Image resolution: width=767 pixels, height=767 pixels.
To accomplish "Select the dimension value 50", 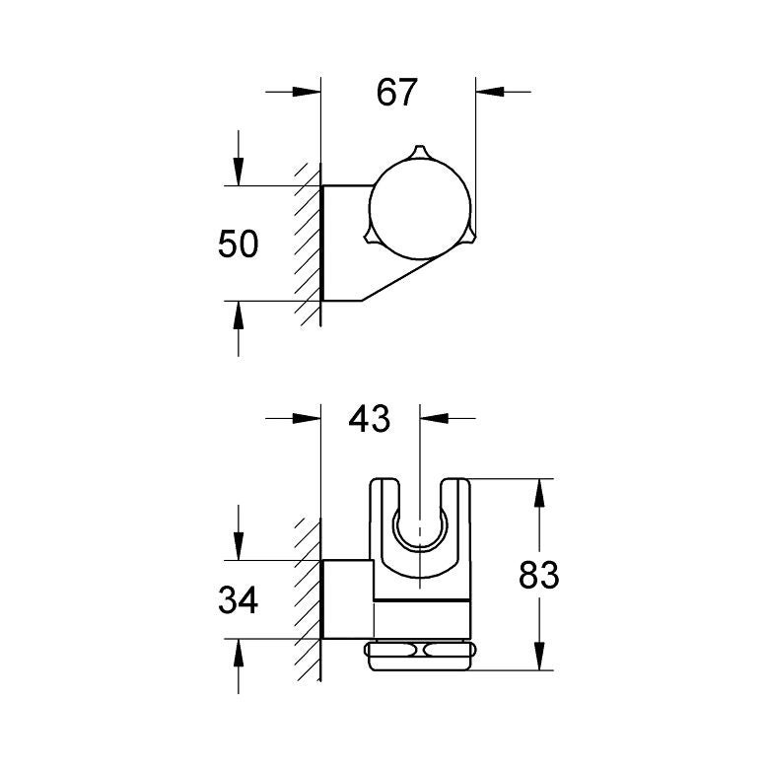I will (238, 244).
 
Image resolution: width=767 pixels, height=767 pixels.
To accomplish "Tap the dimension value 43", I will (370, 418).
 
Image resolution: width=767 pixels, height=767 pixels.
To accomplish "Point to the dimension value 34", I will (238, 599).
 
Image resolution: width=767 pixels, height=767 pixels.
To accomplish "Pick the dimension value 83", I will (538, 575).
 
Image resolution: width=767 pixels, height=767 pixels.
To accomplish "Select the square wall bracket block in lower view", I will (347, 599).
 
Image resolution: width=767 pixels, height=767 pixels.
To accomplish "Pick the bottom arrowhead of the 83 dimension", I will (538, 660).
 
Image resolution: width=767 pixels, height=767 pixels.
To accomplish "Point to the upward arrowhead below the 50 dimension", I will (238, 314).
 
